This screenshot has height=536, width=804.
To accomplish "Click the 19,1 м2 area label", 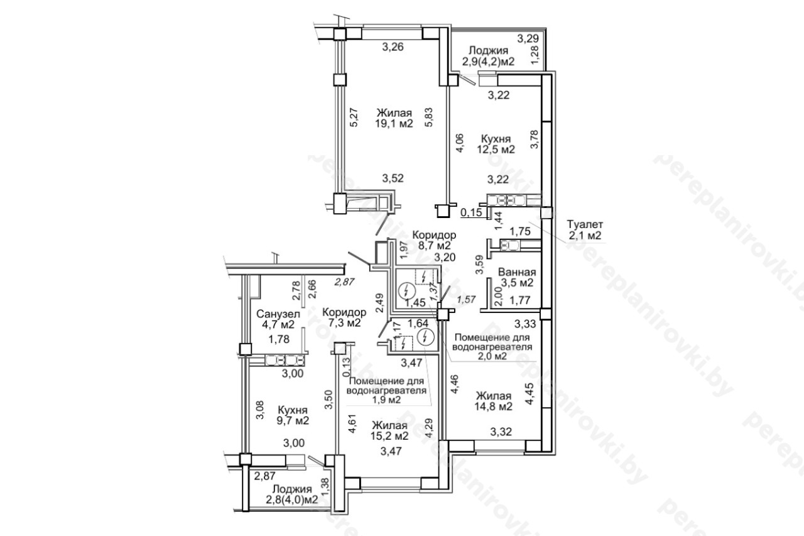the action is click(394, 124).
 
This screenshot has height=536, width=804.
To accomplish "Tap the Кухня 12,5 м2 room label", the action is click(496, 144).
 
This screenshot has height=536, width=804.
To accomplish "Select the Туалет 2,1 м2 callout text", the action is click(585, 230).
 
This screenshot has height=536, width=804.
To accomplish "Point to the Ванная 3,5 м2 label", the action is click(517, 277).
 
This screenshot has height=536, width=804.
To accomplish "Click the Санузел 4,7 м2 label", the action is click(278, 319).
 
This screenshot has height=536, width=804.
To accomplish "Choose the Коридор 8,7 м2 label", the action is click(434, 240).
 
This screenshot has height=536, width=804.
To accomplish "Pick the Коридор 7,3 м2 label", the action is click(344, 317).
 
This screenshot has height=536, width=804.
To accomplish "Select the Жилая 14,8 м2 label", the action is click(494, 401).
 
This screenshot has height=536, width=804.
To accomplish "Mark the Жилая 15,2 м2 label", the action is click(389, 431).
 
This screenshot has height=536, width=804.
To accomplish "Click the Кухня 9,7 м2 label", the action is click(293, 415).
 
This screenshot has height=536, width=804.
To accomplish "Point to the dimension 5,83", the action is click(428, 118).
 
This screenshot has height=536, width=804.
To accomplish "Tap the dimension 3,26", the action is click(393, 46).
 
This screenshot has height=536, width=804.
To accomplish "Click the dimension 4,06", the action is click(459, 143).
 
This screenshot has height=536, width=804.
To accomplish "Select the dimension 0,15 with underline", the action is click(471, 212).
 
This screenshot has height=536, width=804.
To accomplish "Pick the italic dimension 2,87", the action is click(344, 282).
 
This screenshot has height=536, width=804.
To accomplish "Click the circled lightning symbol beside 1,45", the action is click(407, 290).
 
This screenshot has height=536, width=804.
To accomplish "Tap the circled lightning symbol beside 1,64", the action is click(426, 337).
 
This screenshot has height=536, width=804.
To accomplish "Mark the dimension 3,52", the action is click(393, 178).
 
